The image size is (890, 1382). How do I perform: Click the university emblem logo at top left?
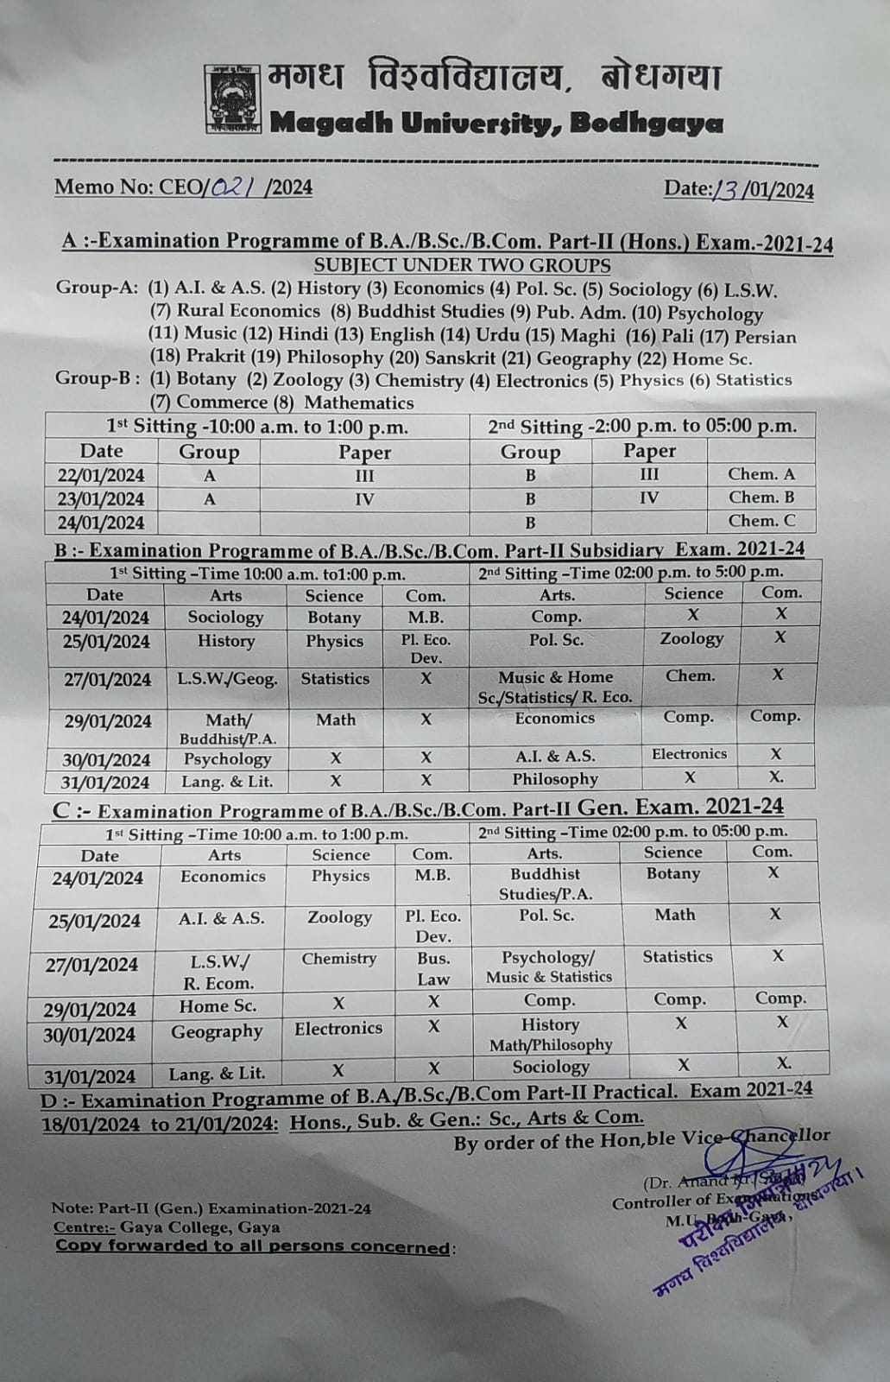coord(233,99)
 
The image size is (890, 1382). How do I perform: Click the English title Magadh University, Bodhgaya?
coord(496,124)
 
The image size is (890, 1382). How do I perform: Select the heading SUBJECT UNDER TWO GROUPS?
coord(462,265)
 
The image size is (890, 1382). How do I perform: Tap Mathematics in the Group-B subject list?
coord(359,403)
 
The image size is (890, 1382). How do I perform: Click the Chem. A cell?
coord(761,473)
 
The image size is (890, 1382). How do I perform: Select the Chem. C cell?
coord(761,521)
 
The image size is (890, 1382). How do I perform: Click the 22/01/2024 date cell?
coord(101,475)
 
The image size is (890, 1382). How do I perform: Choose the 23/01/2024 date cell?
coord(101,498)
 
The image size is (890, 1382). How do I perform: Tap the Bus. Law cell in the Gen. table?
coord(432,968)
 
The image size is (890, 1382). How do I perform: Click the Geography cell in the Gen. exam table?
coord(217,1031)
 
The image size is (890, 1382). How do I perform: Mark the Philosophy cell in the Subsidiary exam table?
coord(555,779)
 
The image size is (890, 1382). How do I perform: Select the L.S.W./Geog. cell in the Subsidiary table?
coord(228,679)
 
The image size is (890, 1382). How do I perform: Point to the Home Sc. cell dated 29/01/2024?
coord(218,1005)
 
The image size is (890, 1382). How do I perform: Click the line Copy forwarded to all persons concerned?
coord(253,1246)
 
